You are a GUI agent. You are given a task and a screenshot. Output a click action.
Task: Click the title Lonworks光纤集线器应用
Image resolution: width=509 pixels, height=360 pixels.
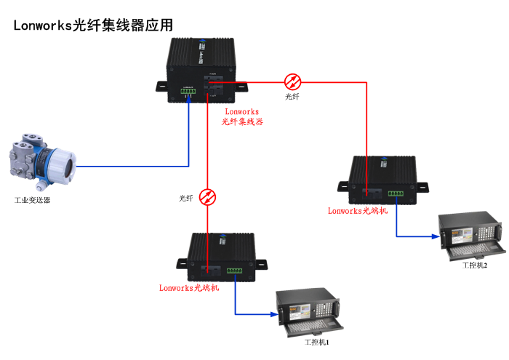93,25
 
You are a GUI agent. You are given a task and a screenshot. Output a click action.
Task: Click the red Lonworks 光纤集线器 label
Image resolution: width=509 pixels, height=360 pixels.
242,117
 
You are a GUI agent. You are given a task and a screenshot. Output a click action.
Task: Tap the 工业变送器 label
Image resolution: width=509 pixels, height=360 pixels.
33,200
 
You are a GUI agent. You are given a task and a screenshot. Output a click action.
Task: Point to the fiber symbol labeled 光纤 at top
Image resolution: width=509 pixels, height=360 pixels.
292,81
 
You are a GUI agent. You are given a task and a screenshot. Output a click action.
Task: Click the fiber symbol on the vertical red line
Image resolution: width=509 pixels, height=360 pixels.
209,197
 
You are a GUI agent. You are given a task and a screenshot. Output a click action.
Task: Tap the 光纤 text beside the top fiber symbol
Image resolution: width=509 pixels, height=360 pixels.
292,97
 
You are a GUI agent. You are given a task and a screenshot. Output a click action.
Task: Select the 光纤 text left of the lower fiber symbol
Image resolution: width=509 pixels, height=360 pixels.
187,198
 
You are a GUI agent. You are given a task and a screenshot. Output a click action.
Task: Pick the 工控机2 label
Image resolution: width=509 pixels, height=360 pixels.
475,265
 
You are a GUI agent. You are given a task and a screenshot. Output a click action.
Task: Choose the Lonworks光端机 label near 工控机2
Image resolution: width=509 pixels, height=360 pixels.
358,211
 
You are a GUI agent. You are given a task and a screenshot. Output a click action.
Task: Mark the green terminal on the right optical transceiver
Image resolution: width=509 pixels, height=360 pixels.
396,193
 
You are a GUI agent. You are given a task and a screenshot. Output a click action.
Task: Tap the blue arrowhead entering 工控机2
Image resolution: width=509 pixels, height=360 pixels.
440,236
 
